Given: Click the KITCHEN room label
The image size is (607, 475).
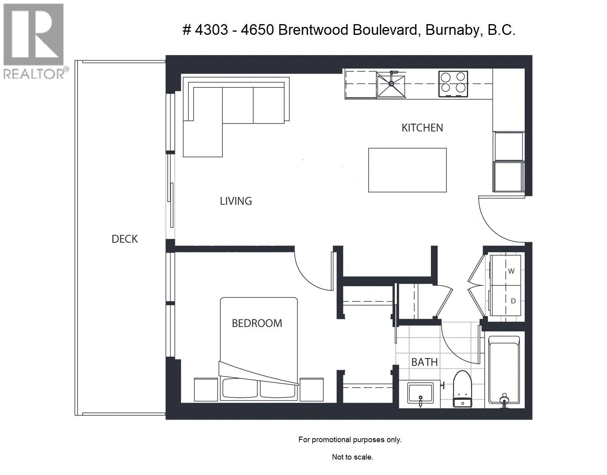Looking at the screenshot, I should tap(422, 128).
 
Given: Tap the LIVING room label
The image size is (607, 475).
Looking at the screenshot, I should tap(236, 201).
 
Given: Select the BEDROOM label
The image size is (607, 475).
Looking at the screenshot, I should tap(257, 323).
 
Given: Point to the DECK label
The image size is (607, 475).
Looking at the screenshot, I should tap(124, 239).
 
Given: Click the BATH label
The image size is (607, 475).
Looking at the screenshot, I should tap(424, 362).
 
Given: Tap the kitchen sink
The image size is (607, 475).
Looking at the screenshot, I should tap(391, 85).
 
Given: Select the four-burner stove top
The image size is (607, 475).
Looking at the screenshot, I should tap(453, 84).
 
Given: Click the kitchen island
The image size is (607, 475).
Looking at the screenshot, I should tap(407, 170).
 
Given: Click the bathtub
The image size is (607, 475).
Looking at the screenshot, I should tap(503, 370).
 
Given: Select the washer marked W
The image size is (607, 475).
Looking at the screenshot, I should tap(507, 271).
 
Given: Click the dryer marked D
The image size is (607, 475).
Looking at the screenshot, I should tap(507, 301).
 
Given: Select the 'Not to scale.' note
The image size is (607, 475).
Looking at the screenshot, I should tap(352, 457).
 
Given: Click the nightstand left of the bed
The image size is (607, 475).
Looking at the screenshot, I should tap(206, 389).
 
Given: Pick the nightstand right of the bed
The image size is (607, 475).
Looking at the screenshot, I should tap(311, 389).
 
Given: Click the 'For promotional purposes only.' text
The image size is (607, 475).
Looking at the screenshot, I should tap(350, 439).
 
